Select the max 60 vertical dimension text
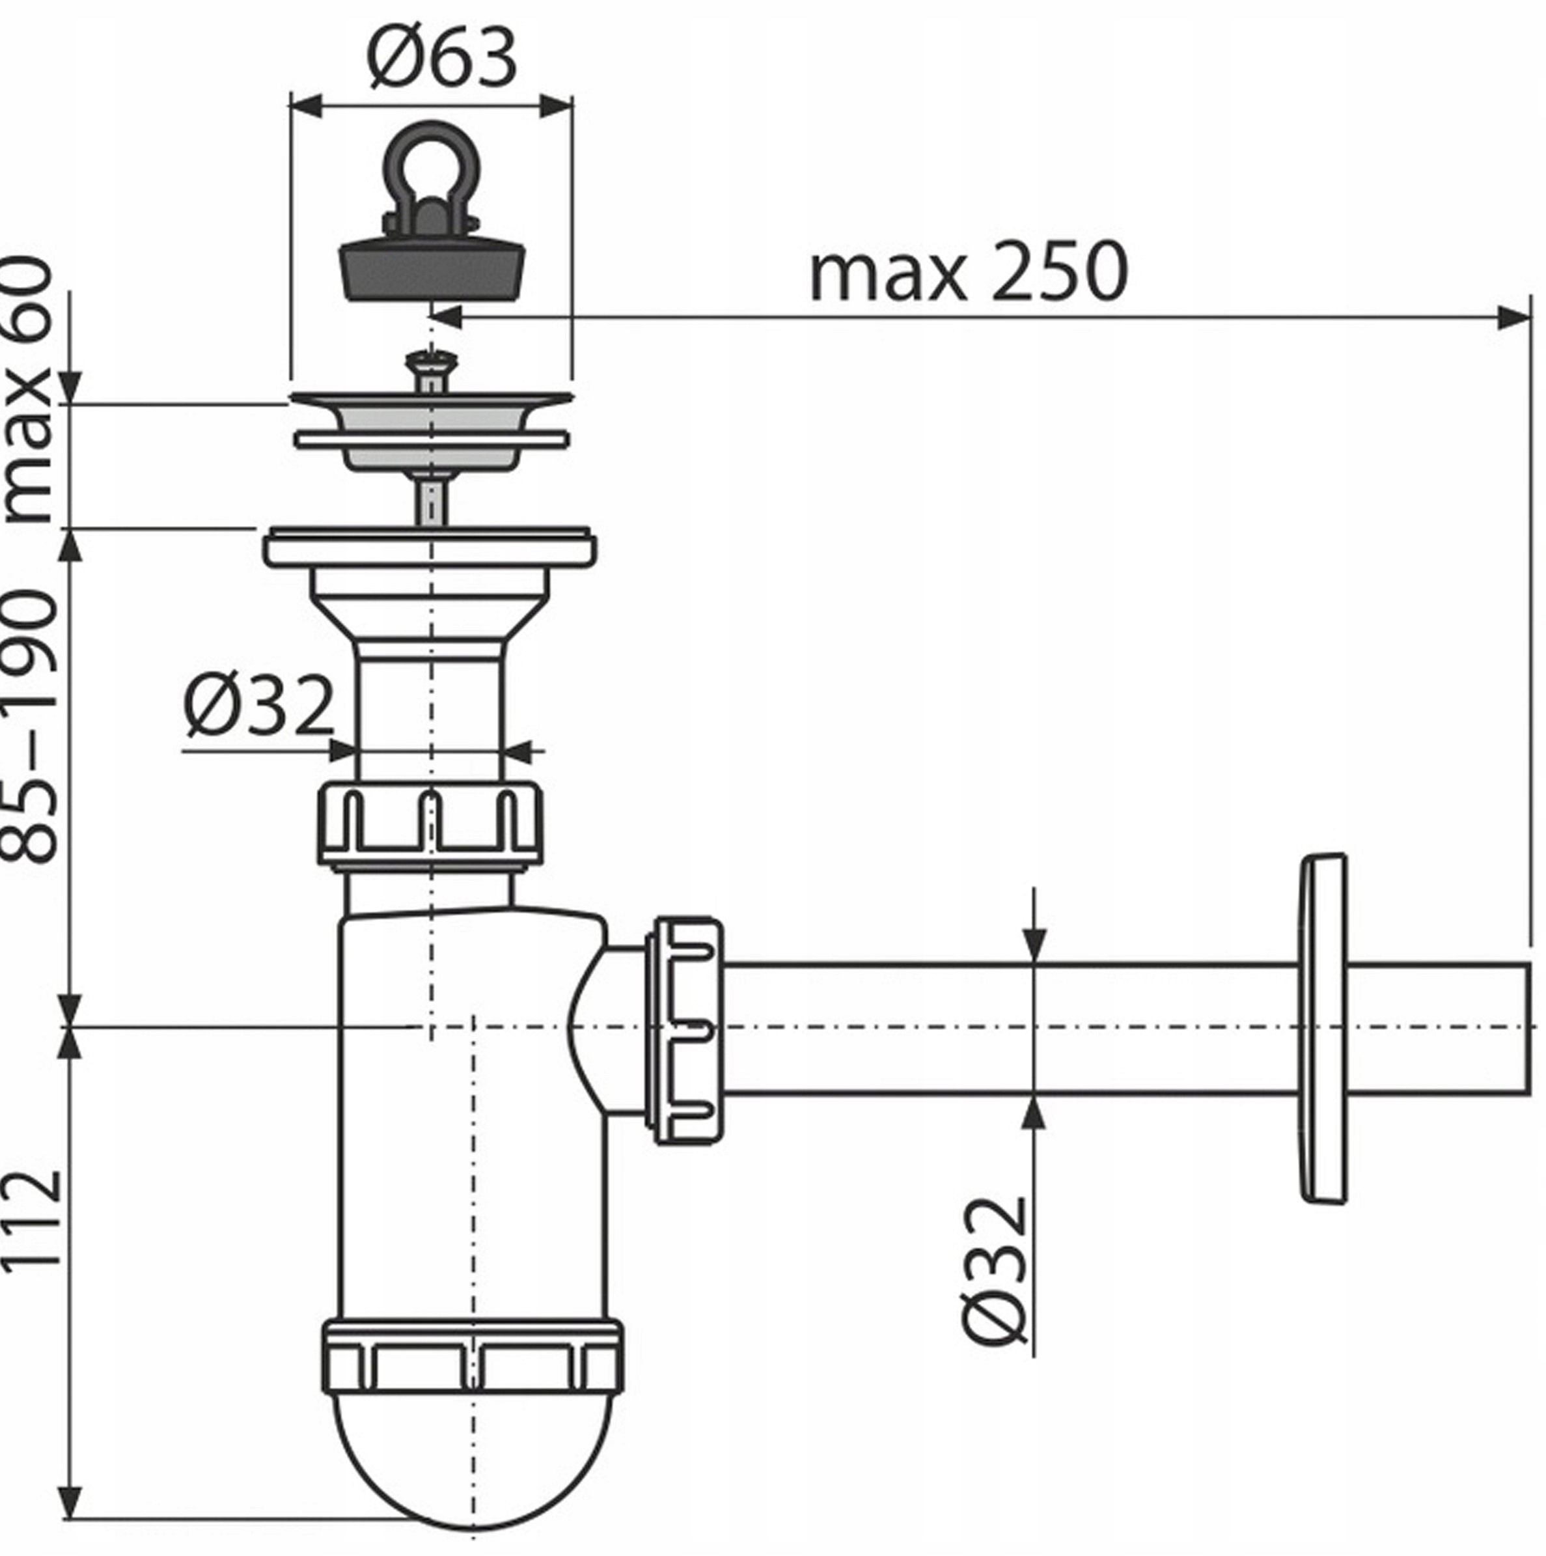[31, 391]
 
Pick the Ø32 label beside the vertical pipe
[258, 706]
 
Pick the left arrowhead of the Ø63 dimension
[305, 105]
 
